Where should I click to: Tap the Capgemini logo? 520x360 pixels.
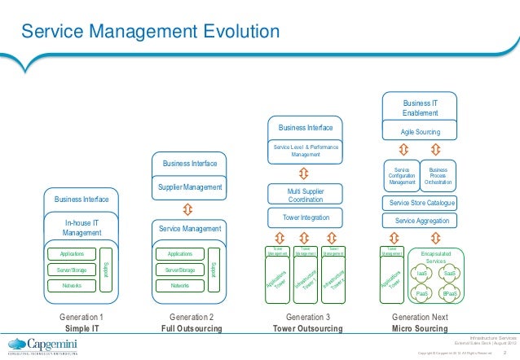(x=46, y=343)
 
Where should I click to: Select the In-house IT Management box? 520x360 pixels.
(x=82, y=227)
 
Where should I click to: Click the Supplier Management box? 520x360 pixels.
(x=190, y=187)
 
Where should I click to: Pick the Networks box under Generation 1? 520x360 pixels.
(x=72, y=286)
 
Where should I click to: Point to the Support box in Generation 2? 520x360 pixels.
(x=214, y=268)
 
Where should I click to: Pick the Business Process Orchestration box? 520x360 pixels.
(x=438, y=176)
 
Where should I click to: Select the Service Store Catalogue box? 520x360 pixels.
(x=419, y=203)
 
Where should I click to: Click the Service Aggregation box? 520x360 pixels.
(x=419, y=221)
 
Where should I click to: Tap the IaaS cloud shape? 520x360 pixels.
(x=422, y=274)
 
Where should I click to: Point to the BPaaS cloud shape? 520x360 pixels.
(x=449, y=292)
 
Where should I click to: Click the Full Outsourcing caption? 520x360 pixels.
(x=191, y=328)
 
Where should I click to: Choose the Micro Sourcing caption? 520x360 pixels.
(x=419, y=328)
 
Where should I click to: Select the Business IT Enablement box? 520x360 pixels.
(x=420, y=108)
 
